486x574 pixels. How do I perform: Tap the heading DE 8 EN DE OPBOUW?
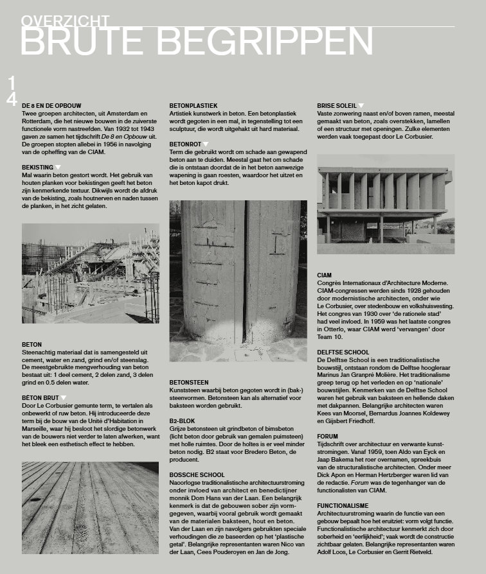(x=51, y=105)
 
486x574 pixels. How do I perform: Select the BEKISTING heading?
(x=37, y=167)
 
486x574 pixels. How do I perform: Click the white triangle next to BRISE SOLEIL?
(x=361, y=105)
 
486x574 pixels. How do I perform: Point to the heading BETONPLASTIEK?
(x=194, y=105)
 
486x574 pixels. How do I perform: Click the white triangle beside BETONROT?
(x=206, y=144)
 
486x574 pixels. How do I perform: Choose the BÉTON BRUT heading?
(x=40, y=397)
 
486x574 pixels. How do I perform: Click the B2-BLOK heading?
(x=183, y=421)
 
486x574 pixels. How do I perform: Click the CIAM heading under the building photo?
(x=325, y=275)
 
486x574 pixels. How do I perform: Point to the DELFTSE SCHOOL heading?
(x=343, y=352)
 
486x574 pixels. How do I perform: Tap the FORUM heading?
(x=328, y=437)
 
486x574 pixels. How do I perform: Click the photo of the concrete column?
(x=238, y=281)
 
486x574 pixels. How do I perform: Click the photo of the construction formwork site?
(x=90, y=273)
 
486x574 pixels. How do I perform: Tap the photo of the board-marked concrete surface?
(x=90, y=507)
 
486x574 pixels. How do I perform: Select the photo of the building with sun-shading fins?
(x=386, y=204)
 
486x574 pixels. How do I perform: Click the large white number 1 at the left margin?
(x=12, y=82)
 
